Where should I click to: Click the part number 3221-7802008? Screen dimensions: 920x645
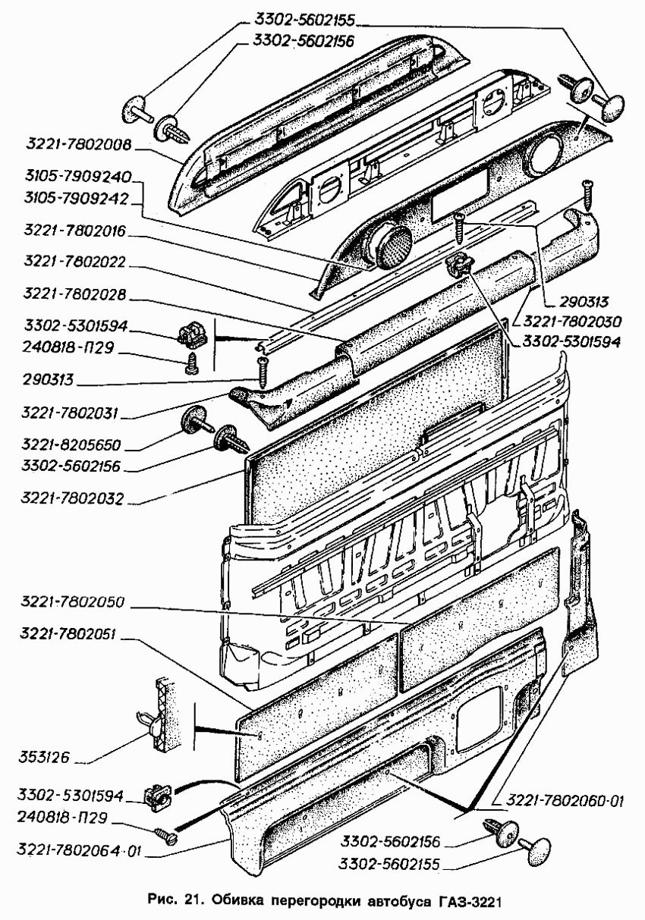click(x=78, y=144)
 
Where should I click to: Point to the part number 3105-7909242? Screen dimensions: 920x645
click(x=78, y=198)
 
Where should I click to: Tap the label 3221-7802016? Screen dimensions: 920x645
click(x=74, y=230)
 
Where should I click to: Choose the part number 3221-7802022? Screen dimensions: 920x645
click(x=74, y=262)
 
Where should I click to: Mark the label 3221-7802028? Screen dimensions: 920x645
click(x=74, y=294)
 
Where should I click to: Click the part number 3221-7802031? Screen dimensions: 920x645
click(x=74, y=414)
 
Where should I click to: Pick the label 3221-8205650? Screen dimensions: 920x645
click(x=74, y=444)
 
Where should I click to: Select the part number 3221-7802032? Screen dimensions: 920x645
click(x=74, y=501)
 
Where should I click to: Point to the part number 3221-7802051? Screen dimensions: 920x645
click(x=74, y=635)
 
